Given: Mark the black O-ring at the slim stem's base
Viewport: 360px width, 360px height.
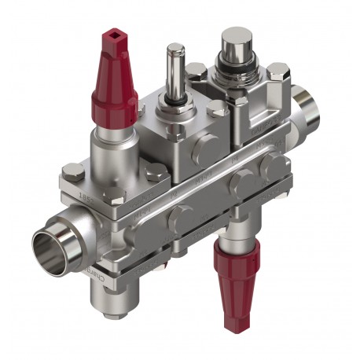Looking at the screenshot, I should tap(175, 101).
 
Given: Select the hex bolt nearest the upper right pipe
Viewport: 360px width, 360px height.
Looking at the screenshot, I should tap(276, 75).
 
